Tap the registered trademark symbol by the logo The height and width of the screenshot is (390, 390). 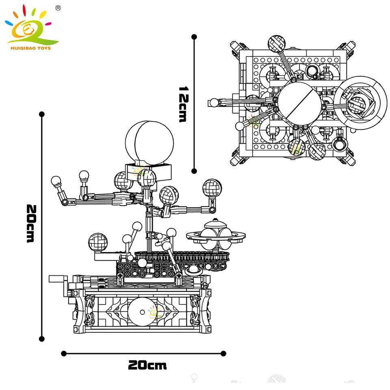pyautogui.click(x=58, y=8)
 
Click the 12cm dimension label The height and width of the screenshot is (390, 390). pyautogui.click(x=182, y=104)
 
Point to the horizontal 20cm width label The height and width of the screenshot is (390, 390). pyautogui.click(x=147, y=365)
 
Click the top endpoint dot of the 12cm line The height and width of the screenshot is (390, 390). pyautogui.click(x=194, y=37)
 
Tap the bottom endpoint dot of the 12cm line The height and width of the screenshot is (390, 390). pyautogui.click(x=194, y=171)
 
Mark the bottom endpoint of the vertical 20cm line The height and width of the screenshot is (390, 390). pyautogui.click(x=41, y=338)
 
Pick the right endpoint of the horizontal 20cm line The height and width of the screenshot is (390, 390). pyautogui.click(x=223, y=353)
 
